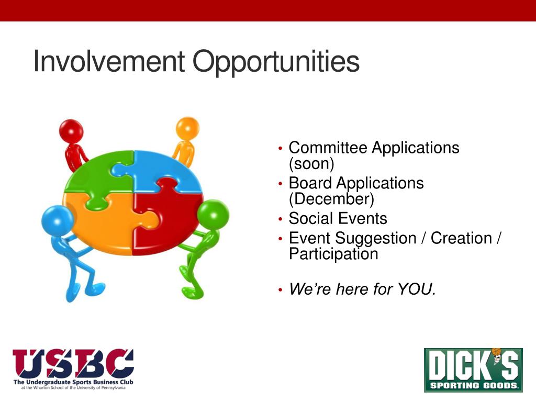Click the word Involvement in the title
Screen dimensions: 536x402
click(109, 61)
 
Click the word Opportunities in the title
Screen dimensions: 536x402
click(276, 63)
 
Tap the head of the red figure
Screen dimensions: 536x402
click(71, 130)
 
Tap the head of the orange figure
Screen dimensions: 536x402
click(187, 128)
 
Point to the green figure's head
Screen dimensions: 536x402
click(214, 215)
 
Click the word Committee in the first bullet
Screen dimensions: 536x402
click(328, 148)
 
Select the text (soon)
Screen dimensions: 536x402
click(311, 164)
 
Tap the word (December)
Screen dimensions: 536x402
click(331, 199)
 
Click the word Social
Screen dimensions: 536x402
click(311, 218)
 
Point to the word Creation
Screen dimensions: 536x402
click(461, 238)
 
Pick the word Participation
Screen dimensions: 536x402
click(333, 254)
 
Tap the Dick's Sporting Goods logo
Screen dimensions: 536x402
click(473, 370)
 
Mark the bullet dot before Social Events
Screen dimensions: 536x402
click(281, 219)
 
